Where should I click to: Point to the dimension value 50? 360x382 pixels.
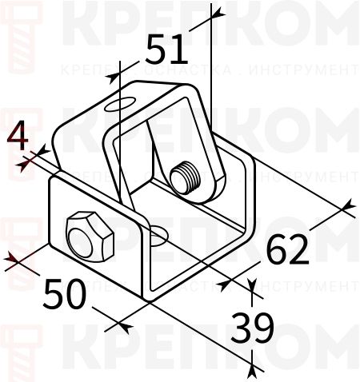pos(64,294)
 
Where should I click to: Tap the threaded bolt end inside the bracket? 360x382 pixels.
pos(187,177)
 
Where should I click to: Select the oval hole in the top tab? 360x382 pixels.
pos(118,104)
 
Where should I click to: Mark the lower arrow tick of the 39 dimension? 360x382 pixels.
pos(252,368)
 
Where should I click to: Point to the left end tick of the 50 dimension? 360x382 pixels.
pos(14,258)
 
